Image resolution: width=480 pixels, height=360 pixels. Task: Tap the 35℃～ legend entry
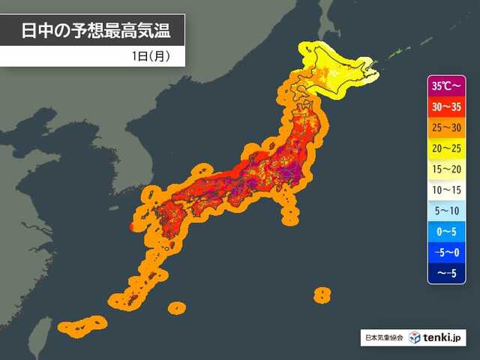(x=447, y=85)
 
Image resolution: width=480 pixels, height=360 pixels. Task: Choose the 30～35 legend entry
(x=447, y=106)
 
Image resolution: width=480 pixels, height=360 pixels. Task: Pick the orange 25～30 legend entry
(x=447, y=127)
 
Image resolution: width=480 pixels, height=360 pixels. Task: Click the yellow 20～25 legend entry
(x=447, y=148)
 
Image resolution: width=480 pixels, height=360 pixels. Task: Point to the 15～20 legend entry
(x=447, y=169)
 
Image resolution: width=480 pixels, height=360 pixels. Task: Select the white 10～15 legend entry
(x=447, y=190)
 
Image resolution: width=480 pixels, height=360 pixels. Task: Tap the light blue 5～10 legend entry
(x=447, y=211)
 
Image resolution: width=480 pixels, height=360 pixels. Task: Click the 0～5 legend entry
(x=447, y=232)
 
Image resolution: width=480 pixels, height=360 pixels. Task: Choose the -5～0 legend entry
(x=447, y=253)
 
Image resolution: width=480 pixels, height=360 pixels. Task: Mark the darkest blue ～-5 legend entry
(x=447, y=273)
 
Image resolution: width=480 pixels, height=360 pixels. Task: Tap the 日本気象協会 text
(x=382, y=338)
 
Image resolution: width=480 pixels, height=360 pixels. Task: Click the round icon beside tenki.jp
(x=415, y=337)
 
